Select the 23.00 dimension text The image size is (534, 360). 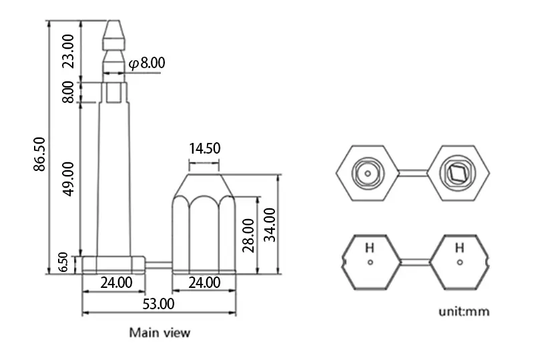pos(68,49)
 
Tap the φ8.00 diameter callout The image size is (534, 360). pos(146,63)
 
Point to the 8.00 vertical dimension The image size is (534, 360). pos(68,91)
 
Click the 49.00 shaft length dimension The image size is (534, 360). pos(68,178)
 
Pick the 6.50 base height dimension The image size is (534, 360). pos(63,263)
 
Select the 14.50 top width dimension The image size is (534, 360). pos(204,148)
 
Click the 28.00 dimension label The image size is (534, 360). pos(248,234)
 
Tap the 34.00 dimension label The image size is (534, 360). pos(269,224)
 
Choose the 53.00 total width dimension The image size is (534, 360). pos(158,304)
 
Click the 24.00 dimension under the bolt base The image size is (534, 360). pos(115,283)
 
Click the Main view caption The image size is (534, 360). pos(160,332)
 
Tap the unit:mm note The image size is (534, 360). pos(464,311)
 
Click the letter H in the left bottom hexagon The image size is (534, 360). pos(369,248)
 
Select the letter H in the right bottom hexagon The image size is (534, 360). pos(459,248)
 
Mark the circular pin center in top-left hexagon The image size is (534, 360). pos(368,173)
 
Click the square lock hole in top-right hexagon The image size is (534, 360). pos(458,173)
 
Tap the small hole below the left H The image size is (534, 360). pos(369,262)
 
